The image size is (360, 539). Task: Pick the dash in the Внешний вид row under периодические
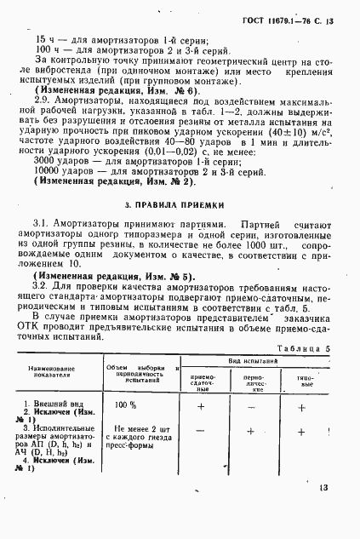coord(252,407)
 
